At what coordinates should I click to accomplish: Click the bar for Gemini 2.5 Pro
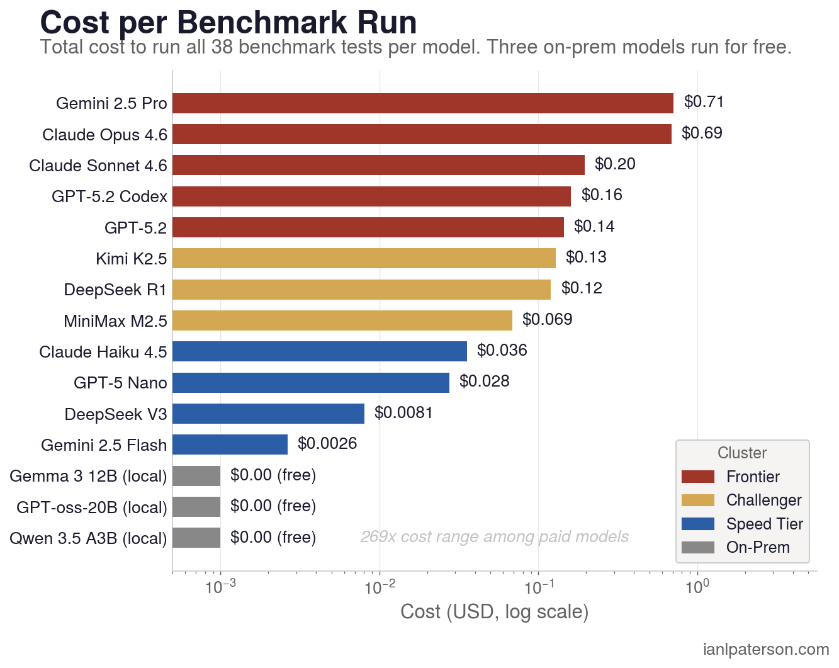click(x=422, y=103)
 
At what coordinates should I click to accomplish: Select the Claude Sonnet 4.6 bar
click(x=378, y=165)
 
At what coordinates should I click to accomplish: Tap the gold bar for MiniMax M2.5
click(x=342, y=320)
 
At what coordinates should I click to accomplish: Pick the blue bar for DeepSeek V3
click(x=268, y=414)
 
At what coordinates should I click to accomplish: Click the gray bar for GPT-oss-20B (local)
click(x=196, y=507)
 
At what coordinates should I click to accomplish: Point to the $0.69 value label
click(x=702, y=133)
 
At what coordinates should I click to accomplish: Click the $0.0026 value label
click(x=327, y=444)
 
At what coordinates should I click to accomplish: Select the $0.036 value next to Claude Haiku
click(x=502, y=351)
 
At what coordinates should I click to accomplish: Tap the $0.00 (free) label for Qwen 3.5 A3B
click(x=273, y=538)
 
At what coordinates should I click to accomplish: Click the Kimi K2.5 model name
click(x=131, y=259)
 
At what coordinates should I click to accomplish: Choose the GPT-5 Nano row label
click(x=120, y=383)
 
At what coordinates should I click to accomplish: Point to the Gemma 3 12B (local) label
click(x=88, y=476)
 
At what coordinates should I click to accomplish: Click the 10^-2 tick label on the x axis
click(x=379, y=587)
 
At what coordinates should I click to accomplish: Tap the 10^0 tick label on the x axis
click(x=697, y=587)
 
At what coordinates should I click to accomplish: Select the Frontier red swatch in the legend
click(x=698, y=477)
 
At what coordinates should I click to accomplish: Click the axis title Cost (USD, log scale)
click(x=494, y=611)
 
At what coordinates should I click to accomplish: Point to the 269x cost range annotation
click(x=494, y=537)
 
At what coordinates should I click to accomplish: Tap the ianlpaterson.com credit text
click(x=765, y=649)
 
